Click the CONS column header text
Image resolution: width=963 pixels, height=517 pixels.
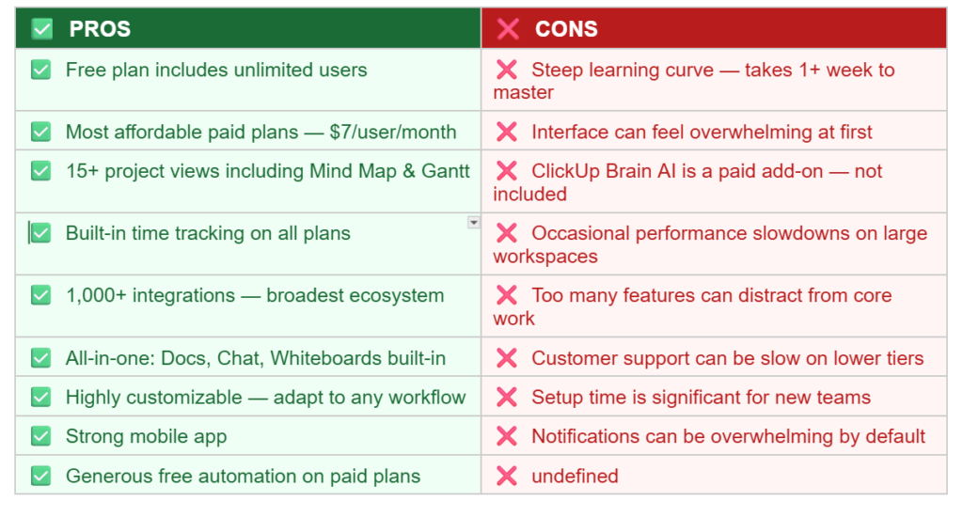pyautogui.click(x=566, y=29)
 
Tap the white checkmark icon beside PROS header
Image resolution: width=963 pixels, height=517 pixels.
pyautogui.click(x=41, y=29)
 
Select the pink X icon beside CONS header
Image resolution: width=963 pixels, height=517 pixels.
pyautogui.click(x=508, y=29)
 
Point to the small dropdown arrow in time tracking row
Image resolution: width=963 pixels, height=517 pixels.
pyautogui.click(x=473, y=223)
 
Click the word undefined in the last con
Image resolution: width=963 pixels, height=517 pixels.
pyautogui.click(x=575, y=476)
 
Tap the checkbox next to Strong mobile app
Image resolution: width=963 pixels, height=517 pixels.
pyautogui.click(x=40, y=436)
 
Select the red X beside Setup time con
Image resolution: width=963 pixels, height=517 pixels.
pyautogui.click(x=507, y=397)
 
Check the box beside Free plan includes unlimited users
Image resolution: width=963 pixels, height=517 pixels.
pyautogui.click(x=40, y=70)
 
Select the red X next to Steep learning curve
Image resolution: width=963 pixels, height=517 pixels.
pyautogui.click(x=507, y=70)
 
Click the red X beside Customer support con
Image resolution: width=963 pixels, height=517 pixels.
pyautogui.click(x=507, y=358)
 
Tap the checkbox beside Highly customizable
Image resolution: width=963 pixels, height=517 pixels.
pyautogui.click(x=40, y=397)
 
